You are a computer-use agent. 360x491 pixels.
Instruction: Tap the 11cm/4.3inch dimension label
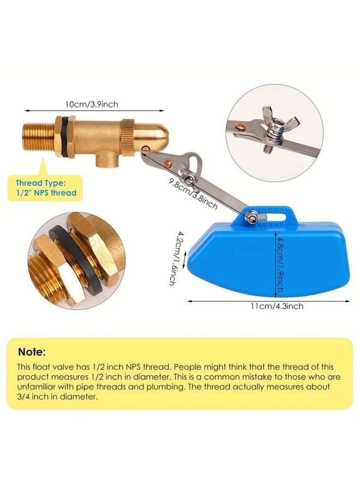coord(277,306)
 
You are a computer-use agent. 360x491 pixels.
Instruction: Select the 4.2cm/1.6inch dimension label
coord(173,258)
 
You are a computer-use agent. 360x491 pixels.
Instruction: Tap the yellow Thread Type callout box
coord(46,188)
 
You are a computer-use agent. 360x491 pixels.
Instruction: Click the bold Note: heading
coord(32,352)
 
